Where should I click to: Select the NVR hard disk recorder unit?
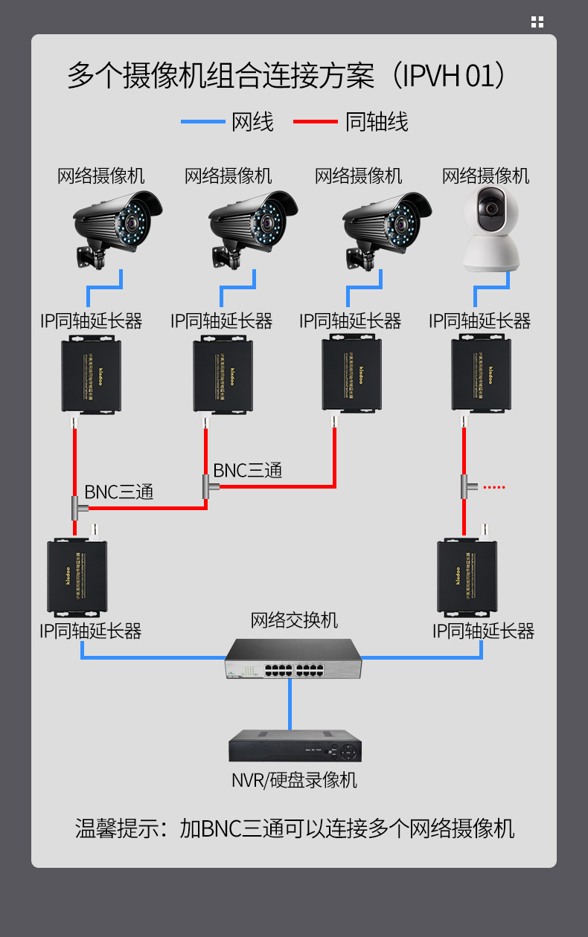click(x=295, y=746)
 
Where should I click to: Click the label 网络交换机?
click(x=294, y=619)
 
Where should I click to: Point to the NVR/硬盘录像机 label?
click(x=294, y=780)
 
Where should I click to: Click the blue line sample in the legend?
click(x=202, y=121)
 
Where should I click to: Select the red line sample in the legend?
click(x=315, y=121)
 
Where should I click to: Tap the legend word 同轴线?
click(x=377, y=121)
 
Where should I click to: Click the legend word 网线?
click(x=253, y=121)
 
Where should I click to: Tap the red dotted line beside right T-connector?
click(x=494, y=488)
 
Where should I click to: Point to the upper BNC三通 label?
click(x=248, y=471)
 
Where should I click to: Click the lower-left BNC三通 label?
click(x=119, y=492)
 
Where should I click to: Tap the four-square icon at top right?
click(x=537, y=22)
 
